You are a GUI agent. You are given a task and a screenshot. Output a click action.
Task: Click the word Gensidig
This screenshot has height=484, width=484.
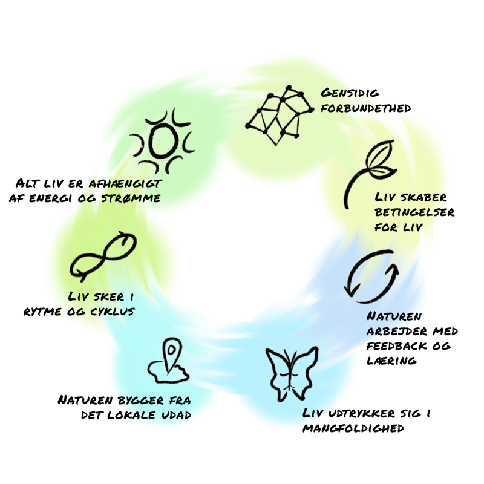tap(350, 93)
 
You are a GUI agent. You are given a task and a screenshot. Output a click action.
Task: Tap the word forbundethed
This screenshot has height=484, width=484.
tap(367, 108)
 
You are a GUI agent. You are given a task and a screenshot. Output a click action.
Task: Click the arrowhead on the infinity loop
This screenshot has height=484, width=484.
tap(126, 238)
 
